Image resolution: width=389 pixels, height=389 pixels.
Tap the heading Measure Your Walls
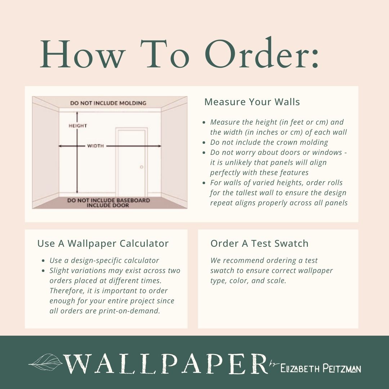point(252,102)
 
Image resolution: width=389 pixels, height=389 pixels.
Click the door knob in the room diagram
point(142,167)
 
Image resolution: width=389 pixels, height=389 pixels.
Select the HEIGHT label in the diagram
point(78,126)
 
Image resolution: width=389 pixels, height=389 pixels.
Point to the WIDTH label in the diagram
point(95,146)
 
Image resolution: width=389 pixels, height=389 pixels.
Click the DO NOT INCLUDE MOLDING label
point(108,103)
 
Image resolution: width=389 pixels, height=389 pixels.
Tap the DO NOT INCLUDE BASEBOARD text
point(108,200)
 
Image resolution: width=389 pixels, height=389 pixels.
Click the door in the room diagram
point(131,162)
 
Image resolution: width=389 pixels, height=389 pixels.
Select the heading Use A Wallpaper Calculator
point(103,243)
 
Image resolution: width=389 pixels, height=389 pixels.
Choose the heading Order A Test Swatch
point(259,243)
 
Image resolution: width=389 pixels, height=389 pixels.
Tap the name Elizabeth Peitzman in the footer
point(321,368)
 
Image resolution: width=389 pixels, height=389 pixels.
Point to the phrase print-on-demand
point(129,311)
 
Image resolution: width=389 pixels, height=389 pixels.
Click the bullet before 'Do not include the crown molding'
point(204,143)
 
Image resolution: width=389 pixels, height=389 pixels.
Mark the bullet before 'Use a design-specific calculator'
point(43,261)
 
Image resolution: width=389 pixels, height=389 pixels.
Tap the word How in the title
point(82,54)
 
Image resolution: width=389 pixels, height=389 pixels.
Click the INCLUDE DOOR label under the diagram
point(108,205)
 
